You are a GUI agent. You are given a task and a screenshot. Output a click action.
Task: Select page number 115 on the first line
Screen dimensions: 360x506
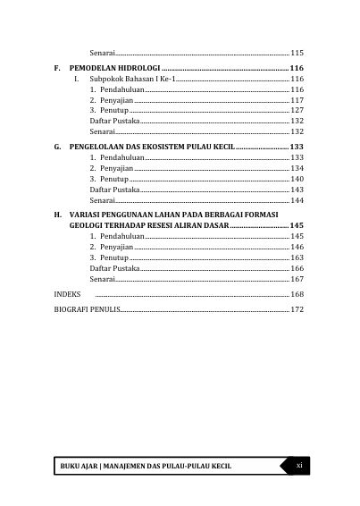pyautogui.click(x=297, y=53)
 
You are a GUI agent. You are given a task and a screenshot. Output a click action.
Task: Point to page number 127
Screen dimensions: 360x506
pyautogui.click(x=297, y=110)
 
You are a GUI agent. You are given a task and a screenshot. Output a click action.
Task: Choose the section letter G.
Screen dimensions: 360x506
pyautogui.click(x=58, y=146)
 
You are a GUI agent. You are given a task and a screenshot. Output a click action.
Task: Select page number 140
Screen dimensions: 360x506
pyautogui.click(x=297, y=179)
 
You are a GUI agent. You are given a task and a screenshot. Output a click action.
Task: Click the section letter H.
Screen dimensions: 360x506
pyautogui.click(x=58, y=213)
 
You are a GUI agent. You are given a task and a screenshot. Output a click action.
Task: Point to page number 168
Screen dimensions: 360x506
pyautogui.click(x=297, y=293)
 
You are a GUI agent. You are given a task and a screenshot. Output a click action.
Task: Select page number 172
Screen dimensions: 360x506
pyautogui.click(x=297, y=309)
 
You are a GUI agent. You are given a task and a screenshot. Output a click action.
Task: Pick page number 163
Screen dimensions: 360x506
pyautogui.click(x=297, y=257)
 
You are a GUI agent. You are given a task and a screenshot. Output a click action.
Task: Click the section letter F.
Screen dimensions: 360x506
pyautogui.click(x=58, y=68)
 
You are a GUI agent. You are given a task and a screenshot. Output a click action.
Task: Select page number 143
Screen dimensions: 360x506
pyautogui.click(x=297, y=190)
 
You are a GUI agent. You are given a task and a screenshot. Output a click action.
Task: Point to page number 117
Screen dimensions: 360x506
pyautogui.click(x=297, y=100)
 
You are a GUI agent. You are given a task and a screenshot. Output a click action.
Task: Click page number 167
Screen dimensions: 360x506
pyautogui.click(x=297, y=279)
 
